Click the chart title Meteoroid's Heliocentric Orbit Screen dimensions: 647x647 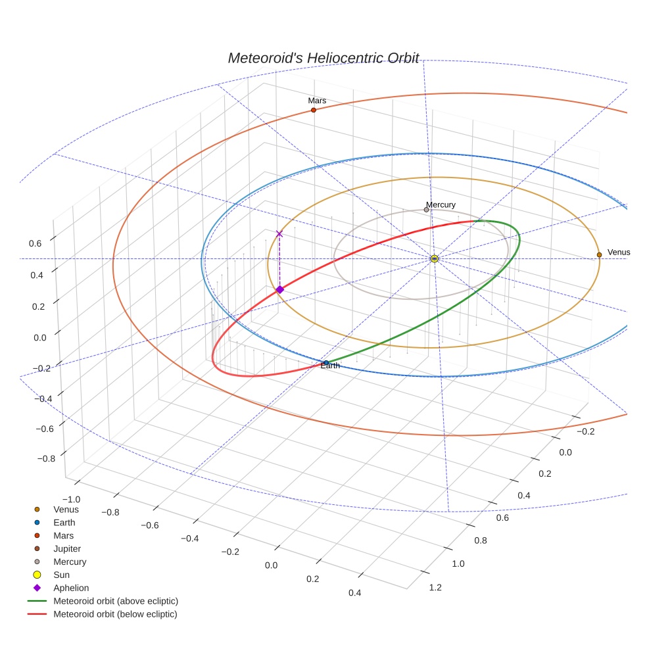(323, 58)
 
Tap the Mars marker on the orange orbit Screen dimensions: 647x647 (313, 110)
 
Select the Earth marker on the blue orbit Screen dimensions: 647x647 (326, 362)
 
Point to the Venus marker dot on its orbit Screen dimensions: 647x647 (599, 254)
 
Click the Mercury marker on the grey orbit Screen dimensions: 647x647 (426, 210)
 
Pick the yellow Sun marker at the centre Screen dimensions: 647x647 (435, 259)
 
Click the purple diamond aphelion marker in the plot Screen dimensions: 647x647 (279, 289)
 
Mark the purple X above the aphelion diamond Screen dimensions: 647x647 (279, 233)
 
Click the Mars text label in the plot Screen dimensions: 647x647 (317, 101)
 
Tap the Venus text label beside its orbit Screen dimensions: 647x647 (619, 252)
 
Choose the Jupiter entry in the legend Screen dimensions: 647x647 (67, 548)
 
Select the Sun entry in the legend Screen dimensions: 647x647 (61, 575)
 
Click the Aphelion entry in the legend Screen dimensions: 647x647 (71, 588)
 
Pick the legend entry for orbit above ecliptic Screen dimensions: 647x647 (116, 601)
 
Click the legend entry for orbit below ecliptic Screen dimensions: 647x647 (115, 614)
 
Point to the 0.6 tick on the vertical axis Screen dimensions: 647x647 (35, 243)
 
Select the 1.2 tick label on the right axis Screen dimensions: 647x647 (435, 587)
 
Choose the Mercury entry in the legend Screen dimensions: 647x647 (70, 562)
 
